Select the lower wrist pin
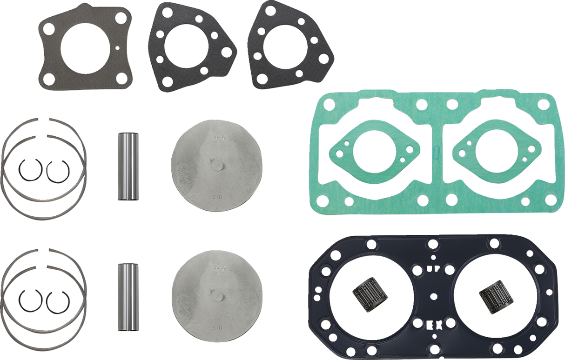[x=128, y=297]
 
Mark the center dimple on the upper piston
[x=217, y=165]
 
